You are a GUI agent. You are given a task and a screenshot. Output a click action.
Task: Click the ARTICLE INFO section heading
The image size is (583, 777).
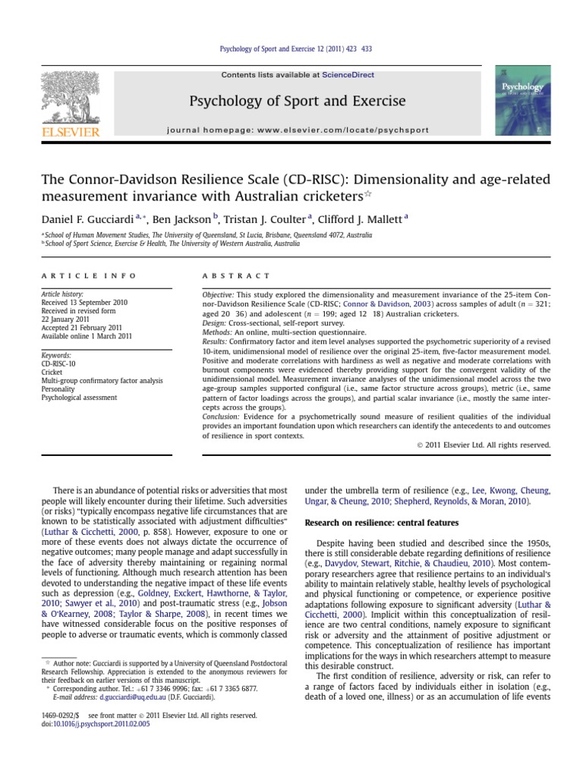[x=89, y=275]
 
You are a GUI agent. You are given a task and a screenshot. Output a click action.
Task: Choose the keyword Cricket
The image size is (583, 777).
[x=52, y=372]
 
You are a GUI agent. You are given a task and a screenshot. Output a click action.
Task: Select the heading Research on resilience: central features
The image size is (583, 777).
[x=381, y=523]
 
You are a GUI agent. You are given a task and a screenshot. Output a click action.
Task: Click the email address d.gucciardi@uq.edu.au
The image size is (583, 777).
[x=121, y=697]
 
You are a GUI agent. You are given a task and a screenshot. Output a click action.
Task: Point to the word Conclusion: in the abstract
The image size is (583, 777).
[x=222, y=417]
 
